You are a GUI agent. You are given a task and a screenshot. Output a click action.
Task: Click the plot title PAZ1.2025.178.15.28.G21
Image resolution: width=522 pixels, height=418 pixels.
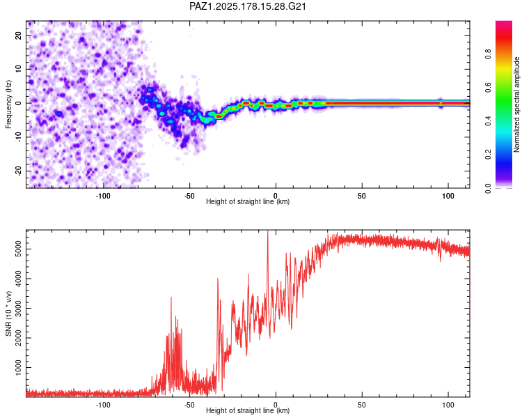247,6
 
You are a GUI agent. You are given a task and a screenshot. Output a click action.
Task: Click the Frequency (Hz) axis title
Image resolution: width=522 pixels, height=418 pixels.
8,104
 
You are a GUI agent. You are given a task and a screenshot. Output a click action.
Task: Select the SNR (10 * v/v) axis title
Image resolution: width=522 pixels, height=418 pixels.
8,313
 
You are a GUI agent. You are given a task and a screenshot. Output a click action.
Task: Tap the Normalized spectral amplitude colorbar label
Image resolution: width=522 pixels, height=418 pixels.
516,104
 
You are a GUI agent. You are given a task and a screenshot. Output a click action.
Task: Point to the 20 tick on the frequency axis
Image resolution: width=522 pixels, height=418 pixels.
18,35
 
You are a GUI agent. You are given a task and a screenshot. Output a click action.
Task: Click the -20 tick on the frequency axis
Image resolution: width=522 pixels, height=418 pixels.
18,171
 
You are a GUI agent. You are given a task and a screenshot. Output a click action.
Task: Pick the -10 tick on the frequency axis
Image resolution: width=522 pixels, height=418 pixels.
18,137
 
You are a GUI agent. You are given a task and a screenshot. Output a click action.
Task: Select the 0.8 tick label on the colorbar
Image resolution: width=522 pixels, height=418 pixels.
488,54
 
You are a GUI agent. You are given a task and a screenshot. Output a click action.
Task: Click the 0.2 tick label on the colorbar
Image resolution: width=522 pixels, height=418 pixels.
488,155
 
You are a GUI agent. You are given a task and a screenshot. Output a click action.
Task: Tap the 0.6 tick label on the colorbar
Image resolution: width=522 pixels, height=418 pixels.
488,88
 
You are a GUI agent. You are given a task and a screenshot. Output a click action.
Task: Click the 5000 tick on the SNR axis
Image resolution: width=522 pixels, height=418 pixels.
18,249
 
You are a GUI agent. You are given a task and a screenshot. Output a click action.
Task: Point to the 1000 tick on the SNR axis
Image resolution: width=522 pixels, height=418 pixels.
18,368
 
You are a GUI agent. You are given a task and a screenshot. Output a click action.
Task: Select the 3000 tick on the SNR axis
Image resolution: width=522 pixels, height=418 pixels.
18,309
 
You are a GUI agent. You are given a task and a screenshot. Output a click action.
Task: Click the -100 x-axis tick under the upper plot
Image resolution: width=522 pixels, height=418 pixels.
103,196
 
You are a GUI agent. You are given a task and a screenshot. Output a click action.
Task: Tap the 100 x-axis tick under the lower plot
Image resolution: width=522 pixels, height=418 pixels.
448,405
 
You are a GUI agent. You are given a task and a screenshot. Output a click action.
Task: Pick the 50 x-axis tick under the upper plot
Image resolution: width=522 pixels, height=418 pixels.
362,196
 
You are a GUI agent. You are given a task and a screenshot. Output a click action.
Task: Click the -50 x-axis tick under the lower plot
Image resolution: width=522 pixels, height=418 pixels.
189,405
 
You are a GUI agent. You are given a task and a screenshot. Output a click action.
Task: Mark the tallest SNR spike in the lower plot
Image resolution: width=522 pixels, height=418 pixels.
268,231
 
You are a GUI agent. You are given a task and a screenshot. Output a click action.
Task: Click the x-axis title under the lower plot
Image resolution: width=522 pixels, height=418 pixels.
248,410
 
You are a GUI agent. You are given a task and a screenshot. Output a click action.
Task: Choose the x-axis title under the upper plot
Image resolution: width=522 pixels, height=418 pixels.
248,201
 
